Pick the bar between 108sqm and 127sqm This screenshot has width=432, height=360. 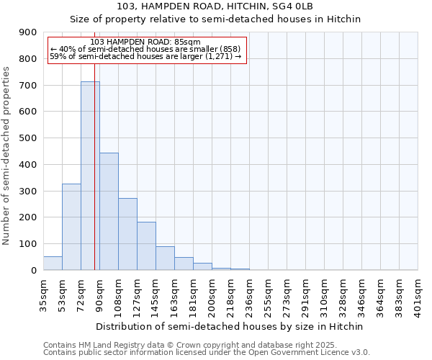(x=127, y=234)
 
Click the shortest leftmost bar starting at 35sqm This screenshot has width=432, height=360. (x=53, y=263)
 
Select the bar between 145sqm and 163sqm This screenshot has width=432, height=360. (x=165, y=258)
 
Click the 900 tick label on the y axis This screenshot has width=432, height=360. (x=28, y=32)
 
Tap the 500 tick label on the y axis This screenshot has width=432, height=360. (x=28, y=138)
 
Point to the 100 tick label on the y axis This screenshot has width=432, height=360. (x=28, y=244)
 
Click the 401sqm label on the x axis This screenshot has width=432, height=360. (x=418, y=294)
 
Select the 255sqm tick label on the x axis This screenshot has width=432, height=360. (x=269, y=294)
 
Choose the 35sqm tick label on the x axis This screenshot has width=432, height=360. (x=44, y=294)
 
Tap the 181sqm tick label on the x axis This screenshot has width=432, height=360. (x=194, y=294)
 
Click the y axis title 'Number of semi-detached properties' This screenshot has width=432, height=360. (x=7, y=156)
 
